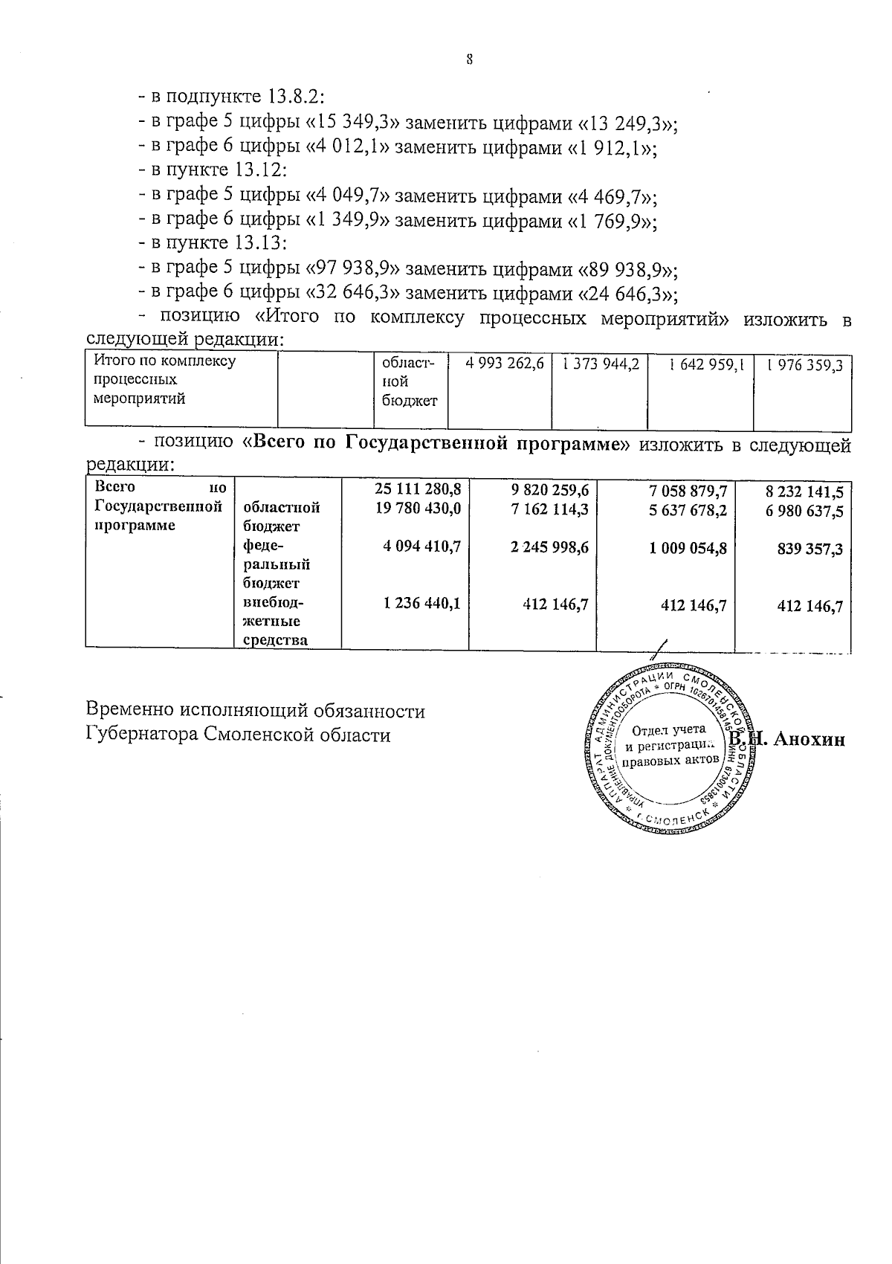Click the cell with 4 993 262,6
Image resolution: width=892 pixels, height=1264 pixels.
(505, 364)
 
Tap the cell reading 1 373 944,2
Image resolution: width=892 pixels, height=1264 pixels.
(601, 364)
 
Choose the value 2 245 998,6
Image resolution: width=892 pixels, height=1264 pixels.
(550, 546)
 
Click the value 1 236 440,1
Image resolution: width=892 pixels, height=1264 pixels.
(421, 604)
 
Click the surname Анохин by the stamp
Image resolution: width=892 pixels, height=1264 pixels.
(809, 739)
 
